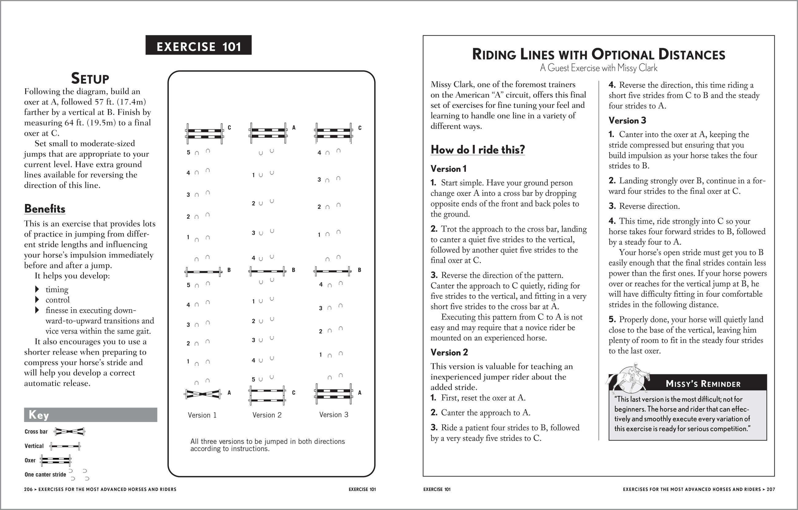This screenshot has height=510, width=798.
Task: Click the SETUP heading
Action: (x=90, y=79)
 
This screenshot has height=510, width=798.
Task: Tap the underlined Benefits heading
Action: (x=45, y=209)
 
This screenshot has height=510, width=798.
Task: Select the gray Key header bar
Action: (x=91, y=415)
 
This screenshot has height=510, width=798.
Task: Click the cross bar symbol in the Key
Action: (x=70, y=431)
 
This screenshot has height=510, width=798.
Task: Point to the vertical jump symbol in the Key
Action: (x=65, y=446)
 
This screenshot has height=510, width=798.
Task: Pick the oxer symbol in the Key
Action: (x=55, y=460)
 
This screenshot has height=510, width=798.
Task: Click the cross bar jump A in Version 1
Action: (x=203, y=394)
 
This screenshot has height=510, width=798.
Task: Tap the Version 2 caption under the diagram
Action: (x=267, y=415)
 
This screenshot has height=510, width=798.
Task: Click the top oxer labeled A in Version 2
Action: (x=268, y=133)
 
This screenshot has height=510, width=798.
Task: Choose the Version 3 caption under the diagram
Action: (x=334, y=415)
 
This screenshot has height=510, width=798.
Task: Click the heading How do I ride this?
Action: (x=478, y=150)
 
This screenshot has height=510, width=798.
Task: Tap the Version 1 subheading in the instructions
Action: (x=448, y=169)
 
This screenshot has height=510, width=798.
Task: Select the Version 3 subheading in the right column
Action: (x=627, y=121)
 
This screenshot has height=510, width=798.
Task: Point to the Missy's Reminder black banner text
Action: (x=703, y=384)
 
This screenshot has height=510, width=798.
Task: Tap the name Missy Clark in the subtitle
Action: (x=637, y=68)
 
